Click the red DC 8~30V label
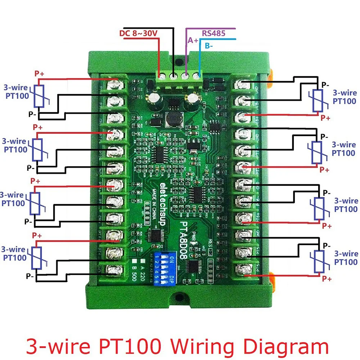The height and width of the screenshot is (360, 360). click(x=139, y=33)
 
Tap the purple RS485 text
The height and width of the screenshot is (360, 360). click(x=213, y=33)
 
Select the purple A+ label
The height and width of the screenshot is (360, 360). click(x=193, y=40)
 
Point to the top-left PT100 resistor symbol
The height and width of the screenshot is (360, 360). click(x=39, y=96)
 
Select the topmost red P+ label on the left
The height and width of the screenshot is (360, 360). click(x=39, y=74)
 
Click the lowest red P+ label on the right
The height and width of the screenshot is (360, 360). click(x=327, y=279)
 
